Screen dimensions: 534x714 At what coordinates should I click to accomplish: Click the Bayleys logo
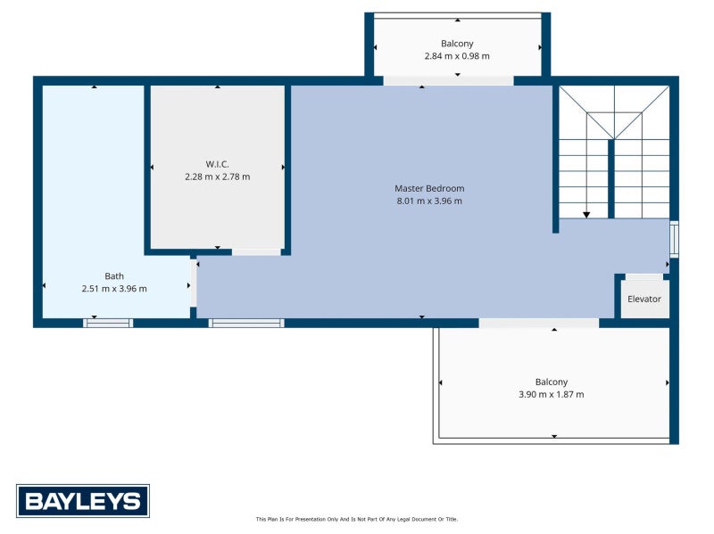82,500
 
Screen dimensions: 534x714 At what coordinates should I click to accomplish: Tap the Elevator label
643,299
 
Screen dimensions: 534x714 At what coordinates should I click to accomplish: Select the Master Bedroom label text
429,188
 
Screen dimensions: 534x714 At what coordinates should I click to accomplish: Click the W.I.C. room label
217,164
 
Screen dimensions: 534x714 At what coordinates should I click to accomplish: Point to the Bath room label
114,275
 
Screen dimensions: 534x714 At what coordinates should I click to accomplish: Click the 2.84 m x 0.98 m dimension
457,55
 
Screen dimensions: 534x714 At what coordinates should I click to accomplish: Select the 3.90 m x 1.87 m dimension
552,394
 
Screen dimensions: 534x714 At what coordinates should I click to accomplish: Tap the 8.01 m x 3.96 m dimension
429,201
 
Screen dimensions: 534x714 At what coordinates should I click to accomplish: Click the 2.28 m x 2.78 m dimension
217,177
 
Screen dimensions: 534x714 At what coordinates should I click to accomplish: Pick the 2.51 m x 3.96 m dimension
114,288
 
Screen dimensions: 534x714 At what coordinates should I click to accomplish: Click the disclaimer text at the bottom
356,519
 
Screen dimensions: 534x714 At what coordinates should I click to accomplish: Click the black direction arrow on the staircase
586,214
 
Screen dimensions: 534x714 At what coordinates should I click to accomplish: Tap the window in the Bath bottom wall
108,323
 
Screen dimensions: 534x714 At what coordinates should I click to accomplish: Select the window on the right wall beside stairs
674,238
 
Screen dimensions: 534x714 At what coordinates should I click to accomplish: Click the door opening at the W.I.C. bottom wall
256,252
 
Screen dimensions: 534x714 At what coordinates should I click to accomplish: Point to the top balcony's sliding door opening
448,81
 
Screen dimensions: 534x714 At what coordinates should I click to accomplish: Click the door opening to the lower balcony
538,323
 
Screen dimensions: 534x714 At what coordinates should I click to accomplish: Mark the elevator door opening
643,277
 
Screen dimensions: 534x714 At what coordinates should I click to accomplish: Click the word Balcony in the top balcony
457,43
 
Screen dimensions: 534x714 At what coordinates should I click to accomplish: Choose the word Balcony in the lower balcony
552,382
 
